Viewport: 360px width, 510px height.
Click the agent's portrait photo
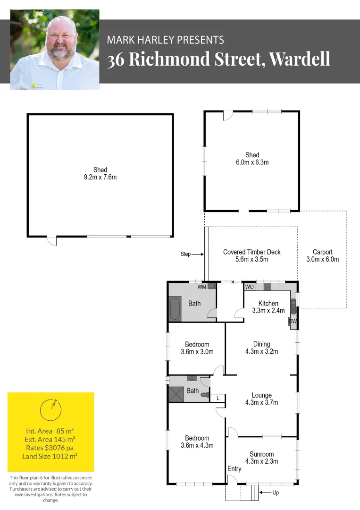tap(54, 49)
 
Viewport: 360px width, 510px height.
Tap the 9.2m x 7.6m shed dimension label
tap(100, 178)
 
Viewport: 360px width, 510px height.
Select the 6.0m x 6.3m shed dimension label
tap(252, 162)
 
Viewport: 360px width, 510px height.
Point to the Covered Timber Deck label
tap(251, 252)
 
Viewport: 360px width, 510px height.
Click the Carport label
tap(323, 252)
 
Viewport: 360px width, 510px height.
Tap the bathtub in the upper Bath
tap(175, 308)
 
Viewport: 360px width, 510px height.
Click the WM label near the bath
tap(201, 287)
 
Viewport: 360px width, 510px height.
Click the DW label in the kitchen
tap(292, 322)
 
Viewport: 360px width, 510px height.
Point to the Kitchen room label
tap(268, 303)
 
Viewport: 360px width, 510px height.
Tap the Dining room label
tap(261, 344)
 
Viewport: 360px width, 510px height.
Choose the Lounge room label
tap(261, 395)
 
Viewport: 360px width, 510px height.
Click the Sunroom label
tap(261, 454)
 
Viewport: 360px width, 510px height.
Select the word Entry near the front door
tap(234, 468)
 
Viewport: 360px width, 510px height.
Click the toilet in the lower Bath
tap(205, 394)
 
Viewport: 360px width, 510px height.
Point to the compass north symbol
tap(50, 409)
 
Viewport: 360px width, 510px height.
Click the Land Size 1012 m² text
tap(50, 456)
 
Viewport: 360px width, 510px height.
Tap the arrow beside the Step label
tap(197, 254)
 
